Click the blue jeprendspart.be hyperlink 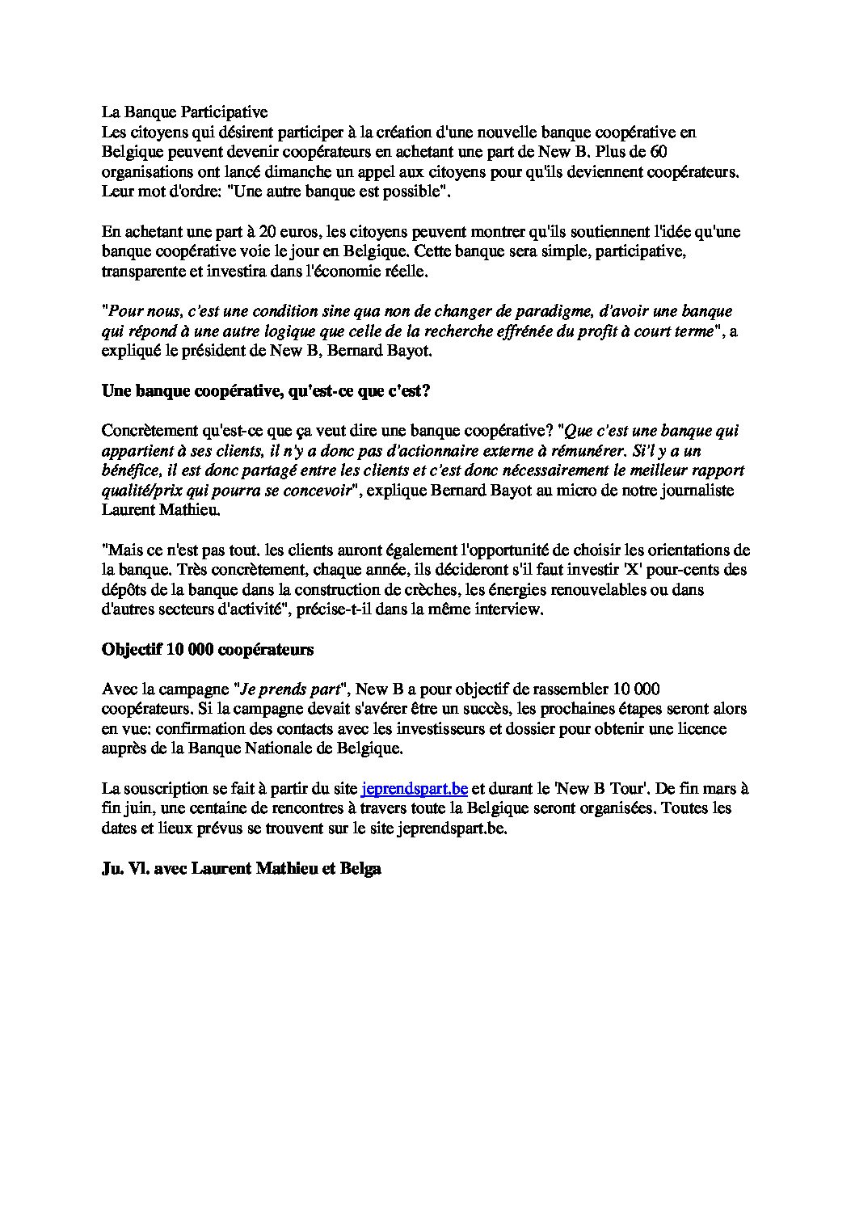(x=415, y=788)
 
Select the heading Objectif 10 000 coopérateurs (x=208, y=649)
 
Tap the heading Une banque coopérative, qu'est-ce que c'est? (x=266, y=391)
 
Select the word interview (x=508, y=609)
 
